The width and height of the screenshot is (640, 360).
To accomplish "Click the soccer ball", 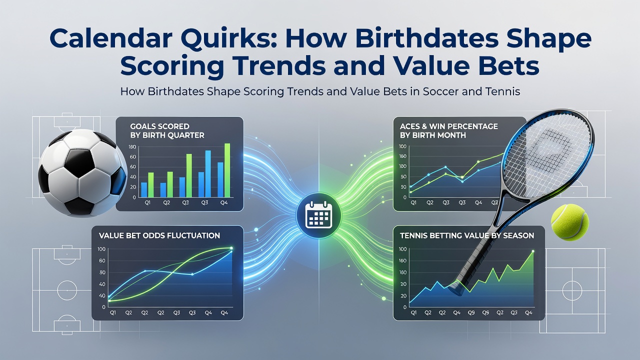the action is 83,173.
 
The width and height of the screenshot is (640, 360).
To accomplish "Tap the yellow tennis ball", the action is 569,222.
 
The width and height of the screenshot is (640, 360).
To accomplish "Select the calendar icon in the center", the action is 318,214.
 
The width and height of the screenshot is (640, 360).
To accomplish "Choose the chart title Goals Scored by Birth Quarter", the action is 167,130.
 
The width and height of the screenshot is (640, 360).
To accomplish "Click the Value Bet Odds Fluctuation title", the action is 159,235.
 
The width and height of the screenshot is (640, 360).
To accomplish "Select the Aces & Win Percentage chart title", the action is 449,130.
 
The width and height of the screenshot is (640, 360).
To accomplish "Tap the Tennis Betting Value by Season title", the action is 467,235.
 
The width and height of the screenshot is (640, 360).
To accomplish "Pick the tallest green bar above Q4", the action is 227,170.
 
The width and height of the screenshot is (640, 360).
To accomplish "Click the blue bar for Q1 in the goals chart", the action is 144,189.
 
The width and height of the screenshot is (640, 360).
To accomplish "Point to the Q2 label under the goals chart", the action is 166,202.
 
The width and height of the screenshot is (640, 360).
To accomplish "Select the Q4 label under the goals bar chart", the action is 224,202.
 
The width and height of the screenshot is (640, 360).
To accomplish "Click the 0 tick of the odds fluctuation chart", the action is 103,307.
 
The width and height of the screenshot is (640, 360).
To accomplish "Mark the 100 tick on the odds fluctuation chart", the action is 101,249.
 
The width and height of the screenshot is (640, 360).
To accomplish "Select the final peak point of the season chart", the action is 533,251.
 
